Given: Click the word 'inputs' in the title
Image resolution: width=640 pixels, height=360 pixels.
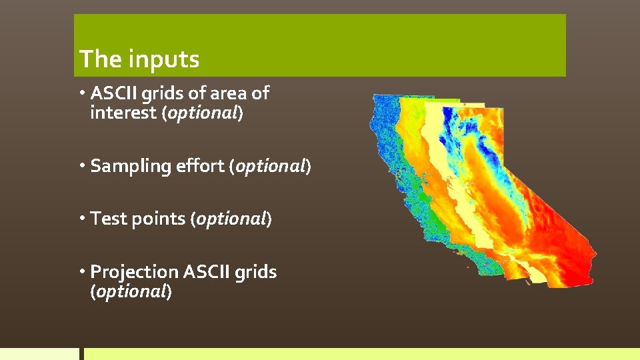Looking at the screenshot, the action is coord(164,59).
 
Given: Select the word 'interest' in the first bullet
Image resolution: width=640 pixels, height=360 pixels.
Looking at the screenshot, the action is coord(123,113).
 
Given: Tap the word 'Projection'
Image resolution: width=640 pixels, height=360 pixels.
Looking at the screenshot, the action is coord(134,272).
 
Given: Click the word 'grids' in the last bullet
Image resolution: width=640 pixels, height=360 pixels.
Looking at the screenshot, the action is coord(255,272).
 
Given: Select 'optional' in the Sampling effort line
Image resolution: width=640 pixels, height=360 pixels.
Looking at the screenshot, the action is coord(271,167).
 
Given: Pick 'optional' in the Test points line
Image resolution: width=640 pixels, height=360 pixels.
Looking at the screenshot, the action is coord(231,219).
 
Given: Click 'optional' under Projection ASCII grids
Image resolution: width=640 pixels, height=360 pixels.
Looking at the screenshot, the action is coord(131,292).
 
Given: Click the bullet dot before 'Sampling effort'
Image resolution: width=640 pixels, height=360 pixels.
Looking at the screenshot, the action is coord(83,165).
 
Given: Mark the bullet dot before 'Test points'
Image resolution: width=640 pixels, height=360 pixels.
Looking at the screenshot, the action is coord(83,218).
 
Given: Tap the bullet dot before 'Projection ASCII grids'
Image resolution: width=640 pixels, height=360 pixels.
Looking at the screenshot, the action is coord(83,271).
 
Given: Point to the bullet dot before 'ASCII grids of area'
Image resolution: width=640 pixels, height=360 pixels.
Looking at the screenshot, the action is coord(83,93).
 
